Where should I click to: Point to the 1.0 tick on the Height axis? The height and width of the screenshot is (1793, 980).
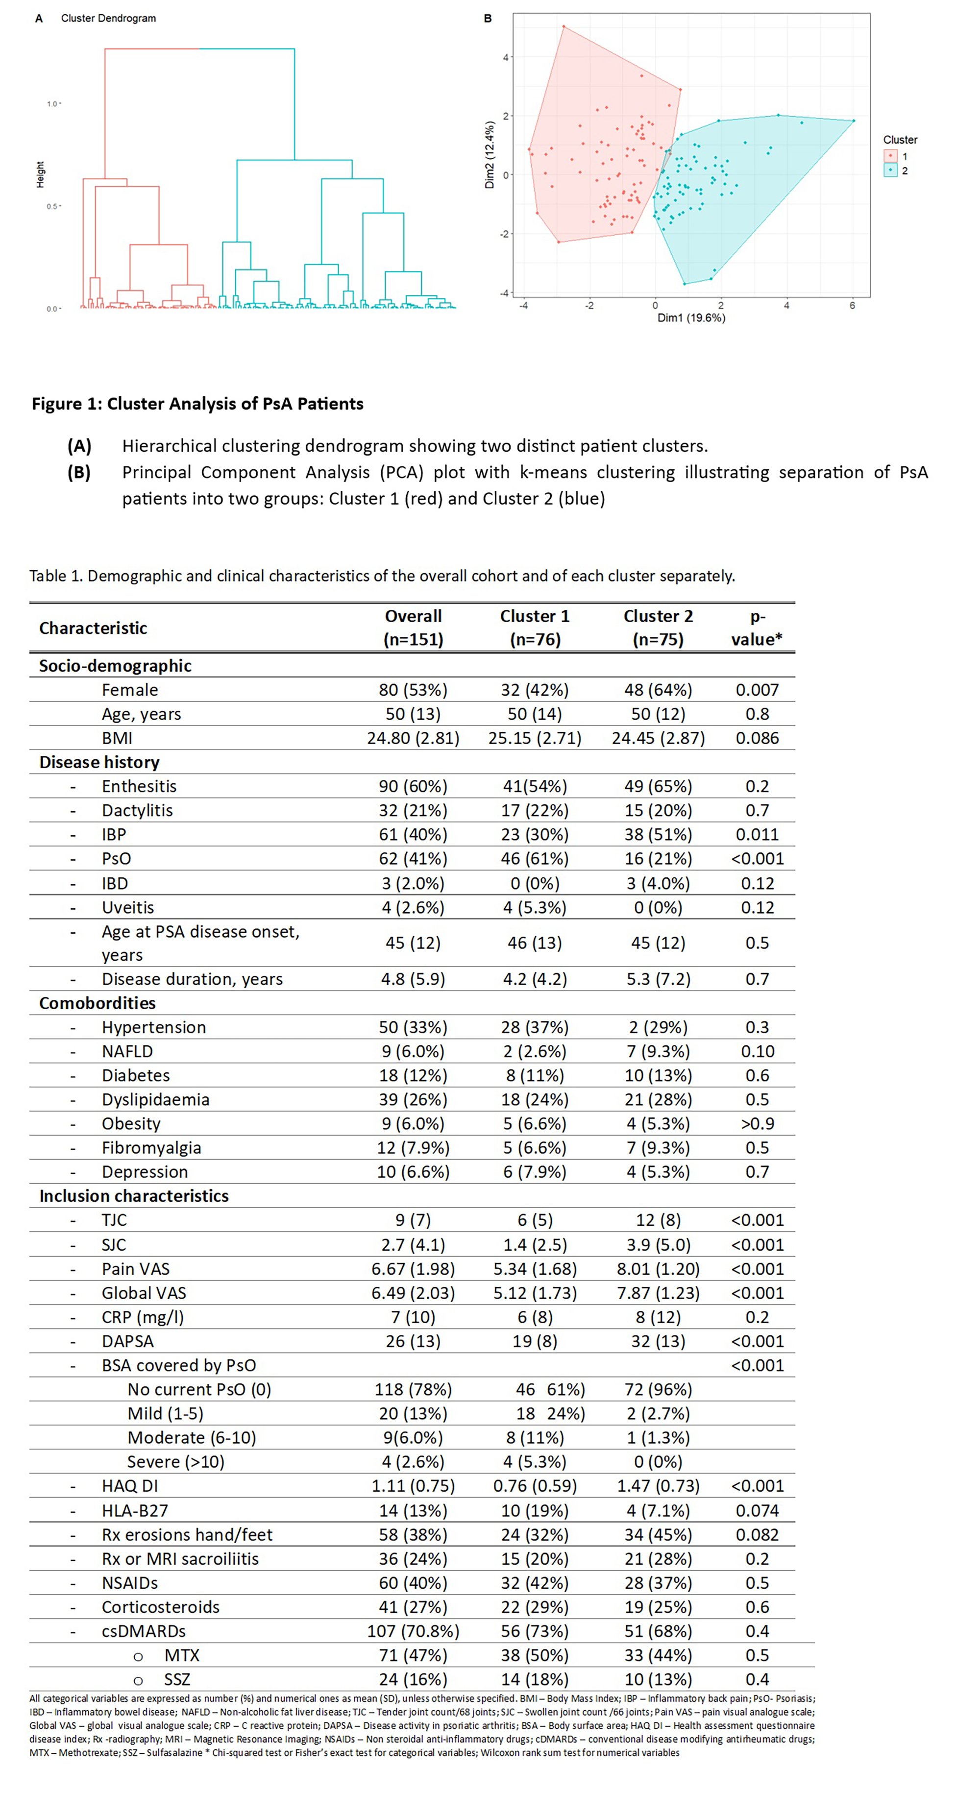[52, 104]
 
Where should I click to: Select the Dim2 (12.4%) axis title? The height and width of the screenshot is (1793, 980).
[490, 154]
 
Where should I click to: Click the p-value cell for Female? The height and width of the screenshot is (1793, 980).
[757, 690]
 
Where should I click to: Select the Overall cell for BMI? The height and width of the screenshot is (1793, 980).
[413, 738]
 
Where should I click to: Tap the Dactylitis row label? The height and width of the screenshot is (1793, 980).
[137, 810]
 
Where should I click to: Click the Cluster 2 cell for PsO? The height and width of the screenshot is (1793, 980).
[658, 858]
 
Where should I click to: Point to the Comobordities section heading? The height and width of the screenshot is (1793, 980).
[98, 1003]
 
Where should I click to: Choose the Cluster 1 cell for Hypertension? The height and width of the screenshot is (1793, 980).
[535, 1027]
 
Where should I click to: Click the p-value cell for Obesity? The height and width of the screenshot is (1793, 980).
[757, 1123]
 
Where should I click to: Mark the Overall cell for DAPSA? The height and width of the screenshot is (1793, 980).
[413, 1341]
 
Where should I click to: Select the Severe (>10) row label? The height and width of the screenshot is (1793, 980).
[175, 1462]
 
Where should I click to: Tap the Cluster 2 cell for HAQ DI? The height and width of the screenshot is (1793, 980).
[658, 1486]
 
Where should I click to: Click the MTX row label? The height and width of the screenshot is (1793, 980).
[182, 1655]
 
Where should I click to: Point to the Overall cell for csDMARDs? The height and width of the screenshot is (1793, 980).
[413, 1631]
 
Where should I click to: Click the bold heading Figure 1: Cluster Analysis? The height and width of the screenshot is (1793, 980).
[197, 404]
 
